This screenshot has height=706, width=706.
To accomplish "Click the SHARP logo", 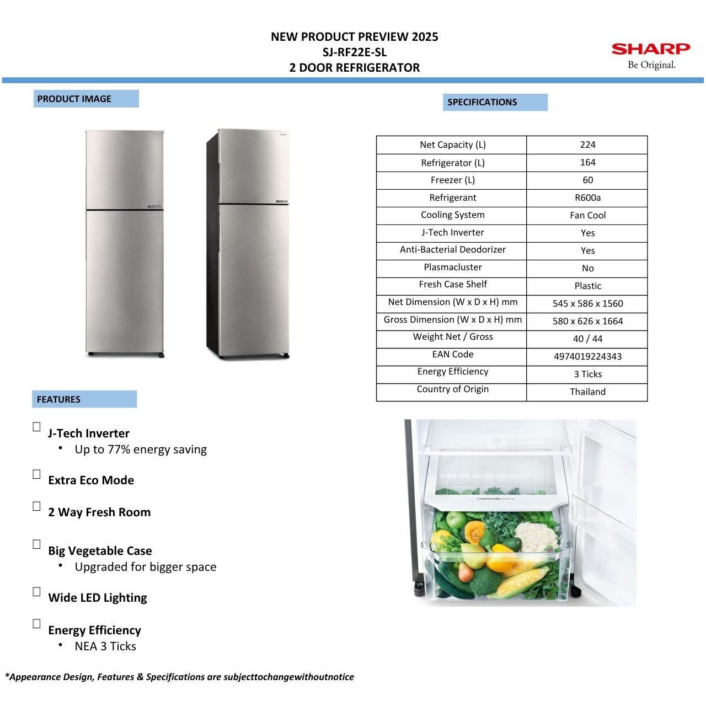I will (651, 49).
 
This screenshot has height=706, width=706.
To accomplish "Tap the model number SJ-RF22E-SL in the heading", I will (355, 52).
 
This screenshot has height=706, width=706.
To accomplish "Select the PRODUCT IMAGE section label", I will (74, 99).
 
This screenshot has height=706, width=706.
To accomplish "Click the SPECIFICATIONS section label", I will (482, 102).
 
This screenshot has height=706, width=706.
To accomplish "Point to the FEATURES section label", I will (58, 399).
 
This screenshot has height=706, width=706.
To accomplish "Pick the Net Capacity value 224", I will (587, 145).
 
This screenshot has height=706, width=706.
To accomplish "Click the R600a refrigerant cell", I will (587, 197).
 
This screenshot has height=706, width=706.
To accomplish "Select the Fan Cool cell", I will (587, 215).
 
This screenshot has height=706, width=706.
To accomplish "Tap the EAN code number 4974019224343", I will (587, 356).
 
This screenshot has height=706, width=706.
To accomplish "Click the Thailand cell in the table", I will (587, 392).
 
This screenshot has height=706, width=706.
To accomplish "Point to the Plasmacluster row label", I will (452, 268).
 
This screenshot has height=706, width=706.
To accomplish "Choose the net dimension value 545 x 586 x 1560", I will (587, 303).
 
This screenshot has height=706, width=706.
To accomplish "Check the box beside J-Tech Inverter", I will (36, 427).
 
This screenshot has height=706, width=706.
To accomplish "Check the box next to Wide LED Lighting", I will (36, 591).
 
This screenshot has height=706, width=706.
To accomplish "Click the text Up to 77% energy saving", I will (141, 450).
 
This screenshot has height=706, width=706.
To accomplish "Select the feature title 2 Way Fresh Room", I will (99, 512).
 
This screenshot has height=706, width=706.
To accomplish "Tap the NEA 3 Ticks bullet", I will (105, 646).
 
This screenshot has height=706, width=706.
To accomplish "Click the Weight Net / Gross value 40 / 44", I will (587, 339).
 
